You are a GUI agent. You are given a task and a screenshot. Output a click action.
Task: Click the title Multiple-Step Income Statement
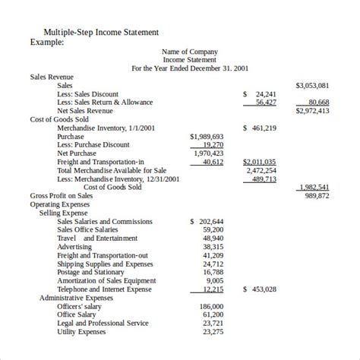(101, 33)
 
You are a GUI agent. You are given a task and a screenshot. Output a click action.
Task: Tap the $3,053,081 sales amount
(312, 86)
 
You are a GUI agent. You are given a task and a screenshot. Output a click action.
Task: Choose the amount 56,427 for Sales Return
(266, 103)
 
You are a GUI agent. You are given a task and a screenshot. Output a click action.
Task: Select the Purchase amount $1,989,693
(207, 136)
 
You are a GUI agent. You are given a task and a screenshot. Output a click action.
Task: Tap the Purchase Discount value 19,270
(213, 144)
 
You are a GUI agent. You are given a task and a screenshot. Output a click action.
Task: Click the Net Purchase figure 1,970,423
(209, 153)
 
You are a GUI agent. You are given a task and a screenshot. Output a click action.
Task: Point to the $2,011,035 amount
(259, 162)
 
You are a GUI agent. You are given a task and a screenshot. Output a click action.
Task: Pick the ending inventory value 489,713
(264, 179)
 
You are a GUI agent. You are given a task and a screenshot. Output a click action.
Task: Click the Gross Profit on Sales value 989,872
(317, 196)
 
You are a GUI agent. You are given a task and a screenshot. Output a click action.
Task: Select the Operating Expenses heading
(59, 204)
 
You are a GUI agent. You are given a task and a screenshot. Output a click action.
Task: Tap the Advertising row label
(74, 247)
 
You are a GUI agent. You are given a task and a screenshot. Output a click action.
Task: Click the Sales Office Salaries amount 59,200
(213, 229)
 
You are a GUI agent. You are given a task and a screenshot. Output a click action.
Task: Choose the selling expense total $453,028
(260, 289)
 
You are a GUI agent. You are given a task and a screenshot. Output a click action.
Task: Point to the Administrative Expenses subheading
(77, 298)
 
